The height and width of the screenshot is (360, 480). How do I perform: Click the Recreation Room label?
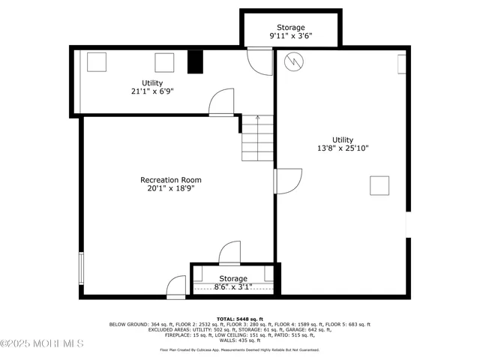coord(171,180)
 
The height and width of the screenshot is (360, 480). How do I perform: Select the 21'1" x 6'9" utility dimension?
coord(152,91)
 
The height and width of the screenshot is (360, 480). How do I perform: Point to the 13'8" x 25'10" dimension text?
coord(343,148)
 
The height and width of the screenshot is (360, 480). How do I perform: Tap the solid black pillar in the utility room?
coord(195,61)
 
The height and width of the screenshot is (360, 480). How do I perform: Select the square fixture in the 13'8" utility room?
coord(380,185)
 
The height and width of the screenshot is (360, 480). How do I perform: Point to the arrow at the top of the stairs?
coord(257,118)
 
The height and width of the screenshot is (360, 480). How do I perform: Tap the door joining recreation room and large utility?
coord(288,180)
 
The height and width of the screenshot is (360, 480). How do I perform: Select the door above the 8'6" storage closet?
coord(230,253)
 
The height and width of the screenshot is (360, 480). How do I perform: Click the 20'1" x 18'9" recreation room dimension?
coord(171,189)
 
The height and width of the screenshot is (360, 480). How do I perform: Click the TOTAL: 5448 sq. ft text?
coord(239,319)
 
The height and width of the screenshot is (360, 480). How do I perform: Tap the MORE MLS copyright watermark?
coord(42,343)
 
